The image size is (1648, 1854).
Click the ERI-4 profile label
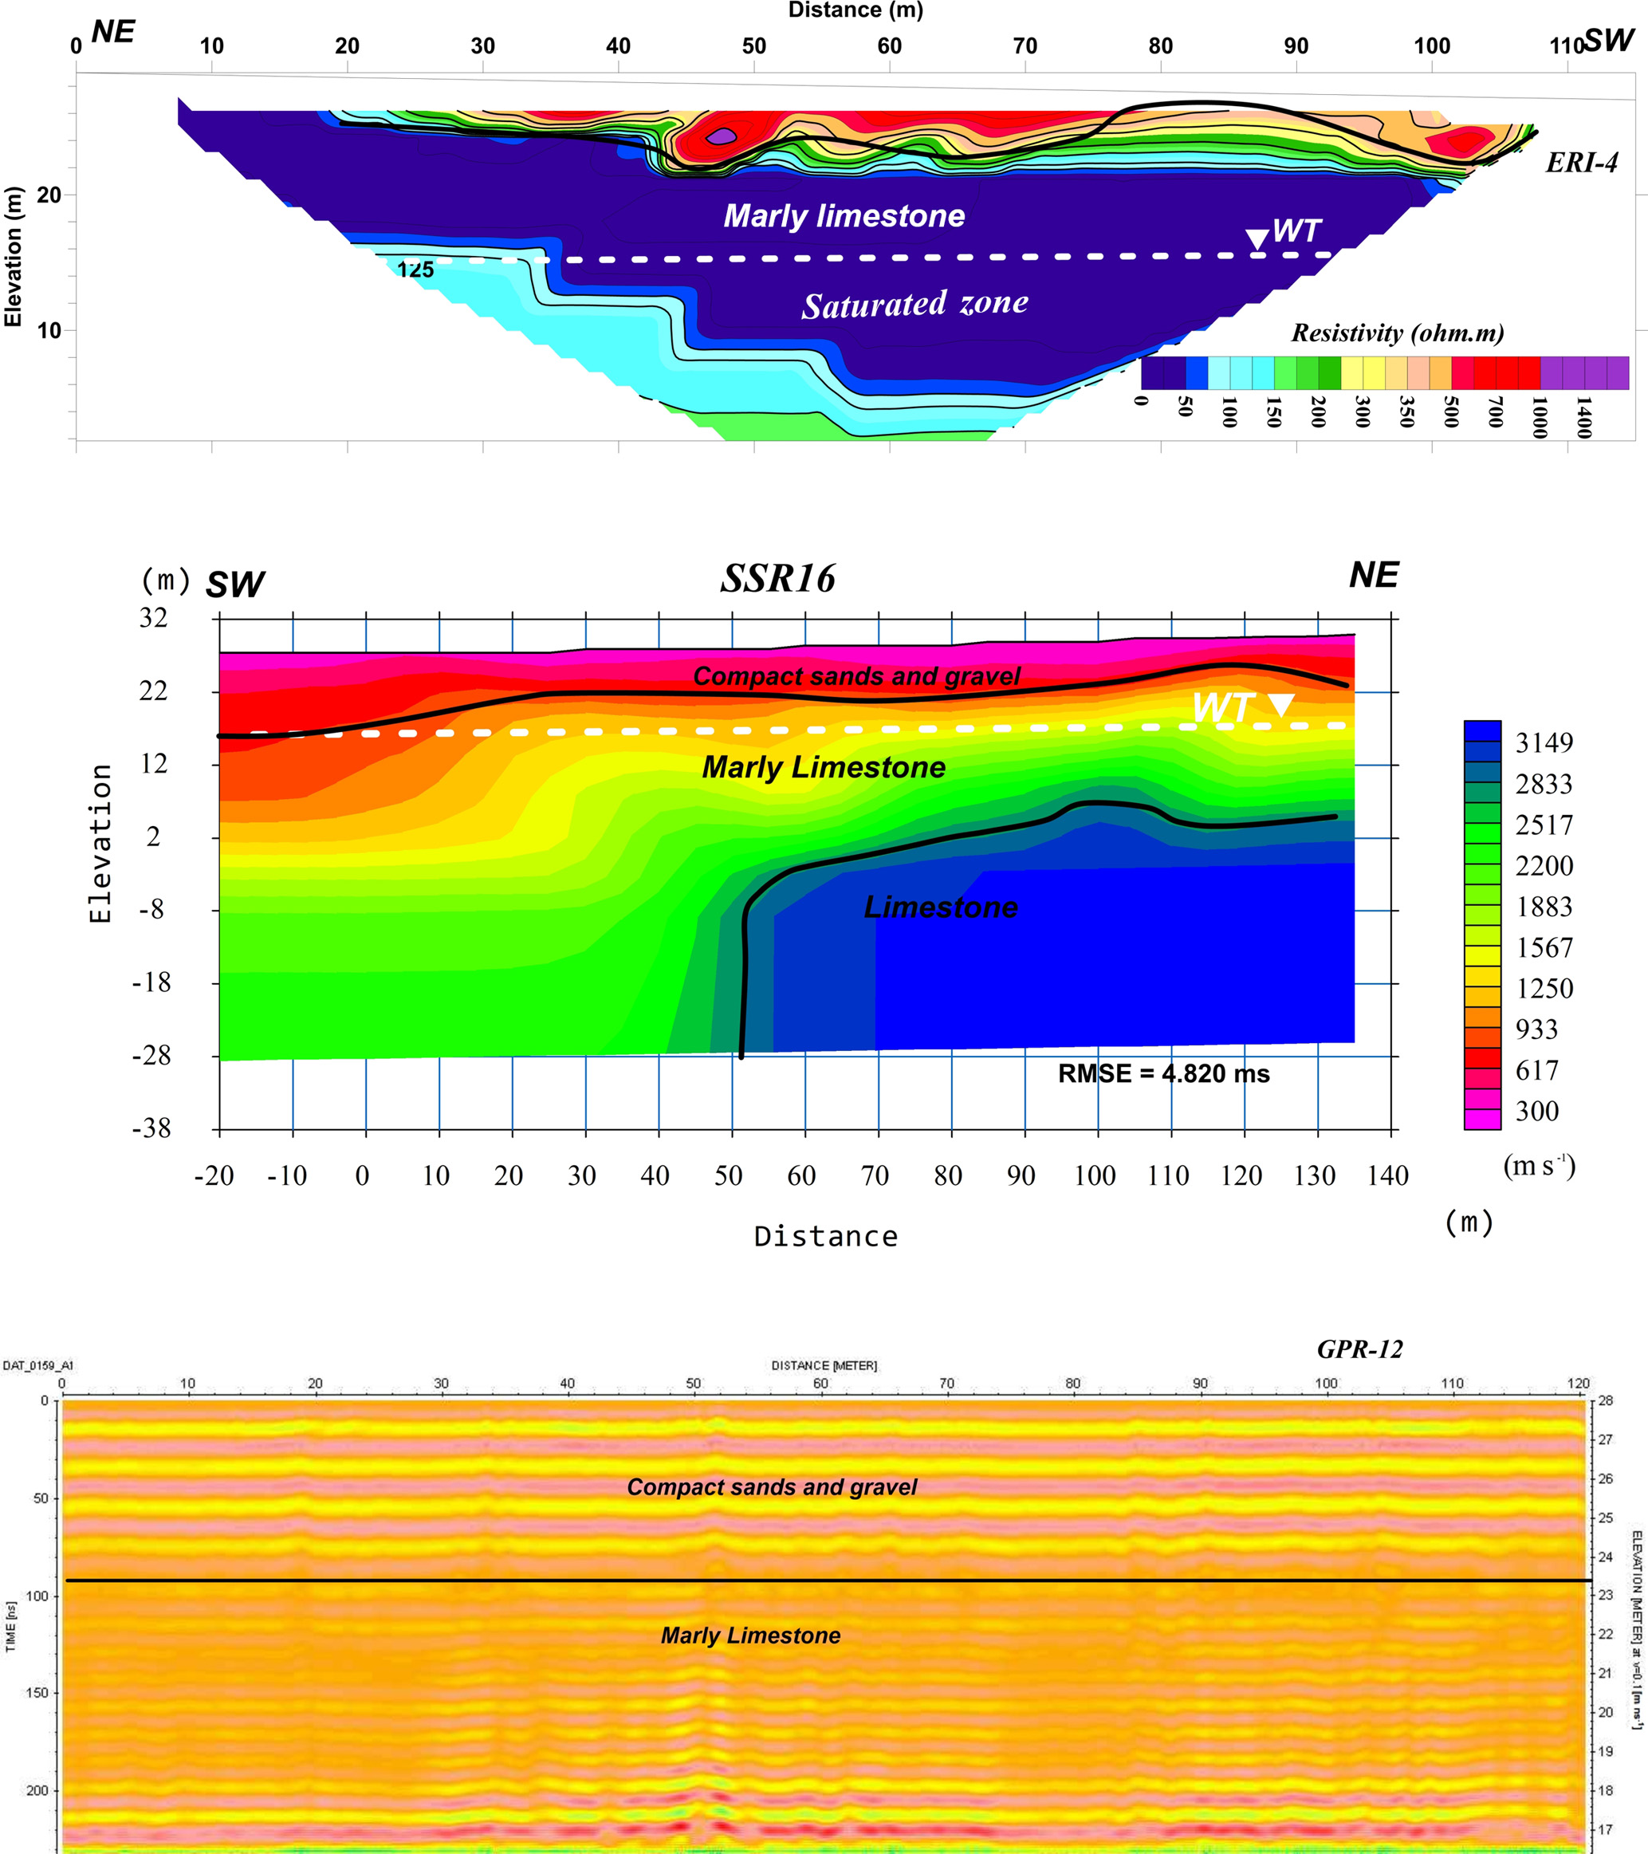[x=1581, y=163]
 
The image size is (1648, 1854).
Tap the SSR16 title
[x=777, y=579]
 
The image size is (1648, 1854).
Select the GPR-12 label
[x=1359, y=1350]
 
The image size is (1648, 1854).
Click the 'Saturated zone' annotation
[x=914, y=304]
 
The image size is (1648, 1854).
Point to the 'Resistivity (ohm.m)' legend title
[x=1397, y=333]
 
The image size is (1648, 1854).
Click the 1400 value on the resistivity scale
[x=1583, y=417]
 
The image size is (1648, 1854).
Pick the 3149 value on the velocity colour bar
[x=1544, y=743]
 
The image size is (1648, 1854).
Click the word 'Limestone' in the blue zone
[x=940, y=907]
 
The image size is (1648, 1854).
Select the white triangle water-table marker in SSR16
[x=1280, y=706]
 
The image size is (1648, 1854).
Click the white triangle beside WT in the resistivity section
[x=1257, y=239]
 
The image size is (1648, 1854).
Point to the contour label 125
[x=415, y=270]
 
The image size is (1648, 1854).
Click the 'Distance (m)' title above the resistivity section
[x=855, y=10]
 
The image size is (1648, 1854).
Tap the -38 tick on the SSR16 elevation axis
[x=151, y=1128]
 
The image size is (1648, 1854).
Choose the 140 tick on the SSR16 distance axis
[x=1388, y=1176]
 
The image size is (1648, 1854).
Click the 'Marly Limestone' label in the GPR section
[x=750, y=1636]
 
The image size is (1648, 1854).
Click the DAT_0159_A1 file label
[x=38, y=1365]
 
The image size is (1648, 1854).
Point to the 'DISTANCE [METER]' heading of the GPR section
[x=824, y=1365]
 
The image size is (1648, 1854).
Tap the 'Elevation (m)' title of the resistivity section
[x=13, y=257]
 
